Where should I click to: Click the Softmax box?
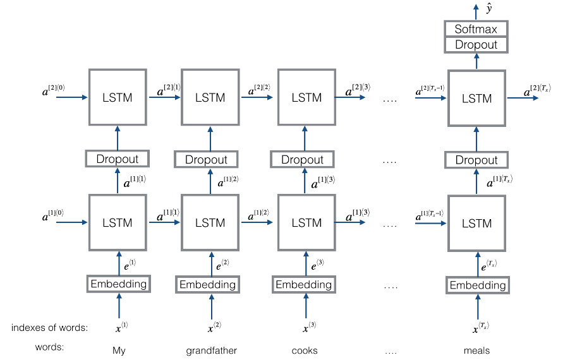(476, 28)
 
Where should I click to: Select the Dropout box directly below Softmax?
(476, 45)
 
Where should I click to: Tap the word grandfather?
(211, 351)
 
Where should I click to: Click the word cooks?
(305, 351)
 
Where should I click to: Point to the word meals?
(476, 351)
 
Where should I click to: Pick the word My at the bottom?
(119, 351)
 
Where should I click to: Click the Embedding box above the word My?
(119, 284)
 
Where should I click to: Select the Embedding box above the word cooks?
(303, 284)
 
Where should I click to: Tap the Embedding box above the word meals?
(478, 285)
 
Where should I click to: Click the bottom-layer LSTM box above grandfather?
(210, 223)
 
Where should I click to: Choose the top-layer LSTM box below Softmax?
(476, 98)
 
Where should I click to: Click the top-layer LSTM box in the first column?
(118, 97)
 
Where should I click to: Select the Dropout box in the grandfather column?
(206, 160)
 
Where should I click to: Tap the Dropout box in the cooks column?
(302, 160)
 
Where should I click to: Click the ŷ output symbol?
(489, 9)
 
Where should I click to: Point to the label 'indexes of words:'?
(49, 328)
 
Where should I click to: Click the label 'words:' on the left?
(49, 347)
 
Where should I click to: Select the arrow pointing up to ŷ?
(476, 12)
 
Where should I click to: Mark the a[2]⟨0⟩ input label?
(53, 90)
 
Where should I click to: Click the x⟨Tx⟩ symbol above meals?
(480, 327)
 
